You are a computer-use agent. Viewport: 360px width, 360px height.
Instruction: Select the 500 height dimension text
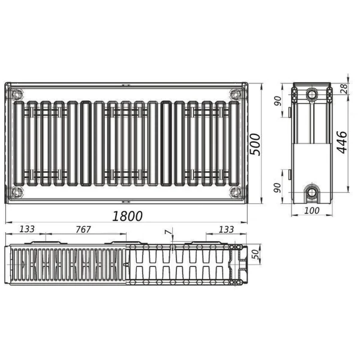click(x=256, y=143)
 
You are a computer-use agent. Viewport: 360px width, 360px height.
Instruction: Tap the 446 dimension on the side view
click(x=340, y=142)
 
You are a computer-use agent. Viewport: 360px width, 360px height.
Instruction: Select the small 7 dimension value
click(x=167, y=232)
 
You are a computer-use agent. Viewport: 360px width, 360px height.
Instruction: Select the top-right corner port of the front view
click(x=234, y=94)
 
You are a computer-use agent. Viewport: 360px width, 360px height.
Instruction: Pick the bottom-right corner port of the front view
click(x=234, y=192)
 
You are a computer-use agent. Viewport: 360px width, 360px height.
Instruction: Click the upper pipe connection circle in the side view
click(x=311, y=94)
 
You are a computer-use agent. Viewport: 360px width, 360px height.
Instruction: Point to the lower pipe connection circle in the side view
click(x=311, y=193)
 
